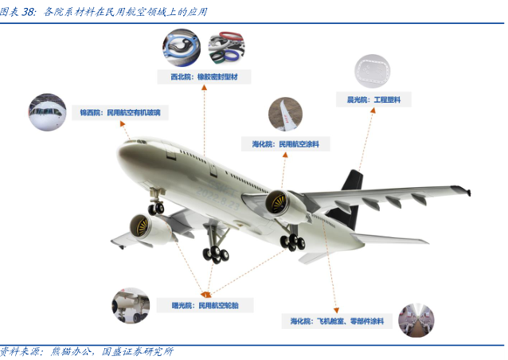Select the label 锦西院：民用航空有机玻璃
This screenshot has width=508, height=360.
tap(120, 113)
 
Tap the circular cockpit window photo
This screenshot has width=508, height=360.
tap(47, 113)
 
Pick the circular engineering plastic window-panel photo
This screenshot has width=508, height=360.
tap(373, 71)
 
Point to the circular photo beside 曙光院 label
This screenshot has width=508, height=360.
tap(131, 305)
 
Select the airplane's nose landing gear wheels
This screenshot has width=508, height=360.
tap(156, 208)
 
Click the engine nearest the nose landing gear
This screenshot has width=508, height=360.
tap(152, 230)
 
